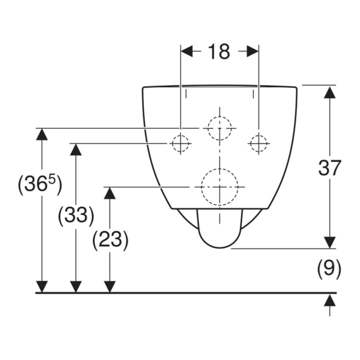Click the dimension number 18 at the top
pos(218,51)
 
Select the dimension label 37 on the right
pos(329,168)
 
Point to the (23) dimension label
pos(110,240)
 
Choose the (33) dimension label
pos(76,215)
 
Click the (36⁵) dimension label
pos(39,184)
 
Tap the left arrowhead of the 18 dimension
pos(186,51)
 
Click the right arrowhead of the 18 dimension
pos(253,51)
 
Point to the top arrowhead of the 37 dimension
pos(329,92)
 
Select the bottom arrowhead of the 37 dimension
pos(329,242)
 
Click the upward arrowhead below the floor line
pos(329,300)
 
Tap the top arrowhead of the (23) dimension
pos(109,193)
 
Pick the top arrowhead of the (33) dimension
pos(76,149)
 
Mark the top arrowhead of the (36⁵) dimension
pos(42,134)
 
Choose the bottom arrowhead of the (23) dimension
pos(109,287)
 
